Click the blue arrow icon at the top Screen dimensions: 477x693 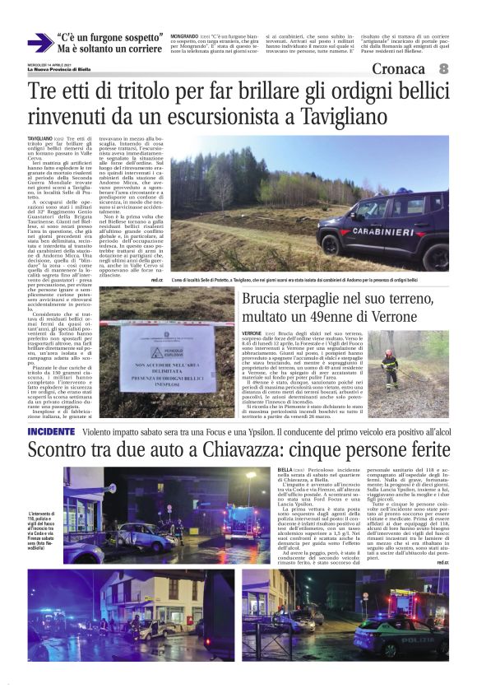tap(39, 43)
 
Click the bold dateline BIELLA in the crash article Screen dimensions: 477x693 tap(287, 469)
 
